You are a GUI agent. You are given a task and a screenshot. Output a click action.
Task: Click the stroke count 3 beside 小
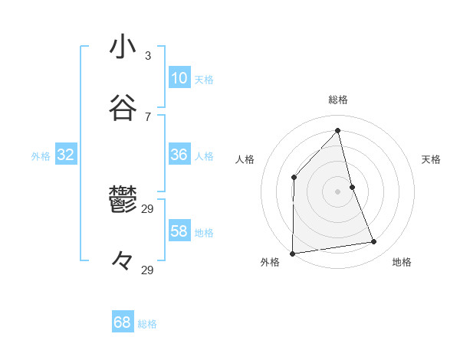click(148, 56)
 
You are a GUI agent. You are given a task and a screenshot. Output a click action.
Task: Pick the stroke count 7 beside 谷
click(148, 117)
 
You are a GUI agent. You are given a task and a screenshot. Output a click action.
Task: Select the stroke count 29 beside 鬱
click(148, 208)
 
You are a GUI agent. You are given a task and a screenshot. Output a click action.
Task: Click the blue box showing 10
click(179, 77)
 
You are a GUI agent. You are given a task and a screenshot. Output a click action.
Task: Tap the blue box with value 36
click(179, 154)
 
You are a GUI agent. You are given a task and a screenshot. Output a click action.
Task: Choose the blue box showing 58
click(179, 231)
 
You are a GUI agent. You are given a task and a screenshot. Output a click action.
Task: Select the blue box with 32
click(66, 155)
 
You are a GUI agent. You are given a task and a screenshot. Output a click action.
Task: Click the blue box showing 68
click(123, 322)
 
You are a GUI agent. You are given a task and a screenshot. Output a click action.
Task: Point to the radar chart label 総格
click(338, 100)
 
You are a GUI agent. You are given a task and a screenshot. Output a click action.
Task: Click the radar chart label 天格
click(431, 159)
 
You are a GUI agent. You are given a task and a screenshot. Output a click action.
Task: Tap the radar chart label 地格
click(402, 262)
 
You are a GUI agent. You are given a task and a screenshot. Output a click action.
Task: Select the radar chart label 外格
click(270, 262)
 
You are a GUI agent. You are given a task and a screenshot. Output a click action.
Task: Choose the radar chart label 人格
click(245, 159)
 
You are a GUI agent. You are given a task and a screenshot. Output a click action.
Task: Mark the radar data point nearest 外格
click(292, 254)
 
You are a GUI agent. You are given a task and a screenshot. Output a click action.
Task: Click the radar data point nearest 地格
click(374, 242)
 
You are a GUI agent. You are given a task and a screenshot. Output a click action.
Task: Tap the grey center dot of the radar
click(338, 191)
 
